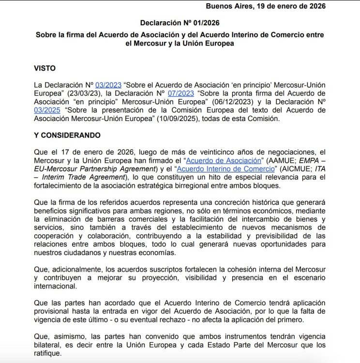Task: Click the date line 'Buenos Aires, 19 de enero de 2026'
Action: point(266,6)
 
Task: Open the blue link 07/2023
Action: point(182,93)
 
